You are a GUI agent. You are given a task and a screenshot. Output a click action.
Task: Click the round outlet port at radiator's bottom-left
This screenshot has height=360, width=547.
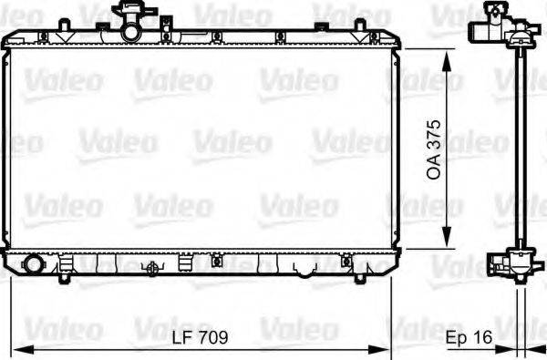(35, 264)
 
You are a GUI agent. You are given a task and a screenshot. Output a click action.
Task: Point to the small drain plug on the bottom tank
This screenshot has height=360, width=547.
(153, 269)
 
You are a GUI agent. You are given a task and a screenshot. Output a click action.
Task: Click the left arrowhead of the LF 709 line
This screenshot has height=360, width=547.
(18, 350)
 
